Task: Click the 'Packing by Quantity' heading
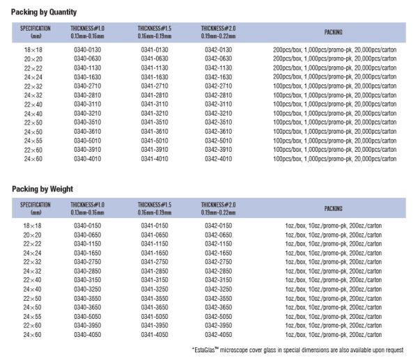44,12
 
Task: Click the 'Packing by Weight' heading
42,189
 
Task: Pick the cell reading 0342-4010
219,159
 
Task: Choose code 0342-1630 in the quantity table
219,77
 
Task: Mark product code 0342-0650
219,235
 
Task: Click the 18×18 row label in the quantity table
33,50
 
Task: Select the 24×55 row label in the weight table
33,317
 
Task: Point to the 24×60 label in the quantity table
33,159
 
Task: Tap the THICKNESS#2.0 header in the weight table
219,205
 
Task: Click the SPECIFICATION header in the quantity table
33,29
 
